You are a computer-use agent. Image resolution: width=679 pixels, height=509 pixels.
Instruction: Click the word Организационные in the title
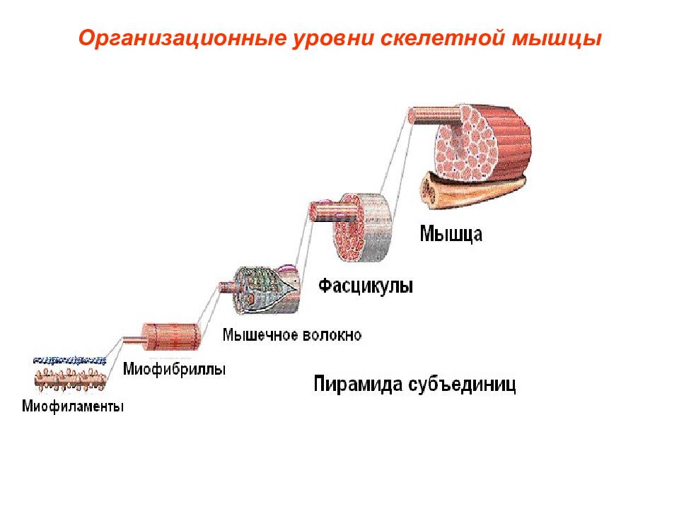(182, 38)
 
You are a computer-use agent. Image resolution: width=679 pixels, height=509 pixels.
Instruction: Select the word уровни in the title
(333, 39)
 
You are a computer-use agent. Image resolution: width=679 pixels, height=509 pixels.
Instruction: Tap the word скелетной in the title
(442, 38)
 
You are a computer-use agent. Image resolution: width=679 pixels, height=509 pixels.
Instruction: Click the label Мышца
(451, 234)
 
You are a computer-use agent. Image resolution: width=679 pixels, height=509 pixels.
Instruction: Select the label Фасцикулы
(366, 286)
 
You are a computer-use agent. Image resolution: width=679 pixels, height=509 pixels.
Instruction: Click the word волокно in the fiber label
(332, 335)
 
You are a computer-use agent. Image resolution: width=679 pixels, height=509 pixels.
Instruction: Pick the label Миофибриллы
(174, 369)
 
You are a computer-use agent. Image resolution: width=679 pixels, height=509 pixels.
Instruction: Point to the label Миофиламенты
(73, 406)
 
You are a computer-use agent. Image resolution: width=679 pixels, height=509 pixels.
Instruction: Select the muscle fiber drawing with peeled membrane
(260, 289)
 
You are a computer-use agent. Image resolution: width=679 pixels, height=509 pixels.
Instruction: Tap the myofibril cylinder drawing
(163, 337)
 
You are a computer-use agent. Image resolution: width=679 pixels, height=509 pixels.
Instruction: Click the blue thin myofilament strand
(70, 360)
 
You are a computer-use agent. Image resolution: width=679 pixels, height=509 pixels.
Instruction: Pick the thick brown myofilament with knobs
(70, 379)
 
